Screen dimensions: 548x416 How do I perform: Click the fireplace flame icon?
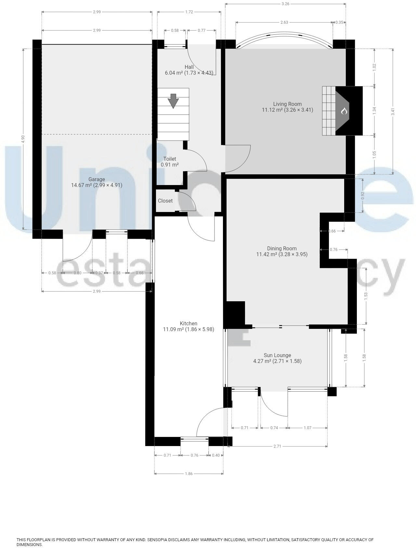point(344,111)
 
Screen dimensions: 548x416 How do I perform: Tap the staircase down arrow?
point(173,101)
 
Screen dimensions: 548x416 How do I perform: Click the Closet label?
point(165,201)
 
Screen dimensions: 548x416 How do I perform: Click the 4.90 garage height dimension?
point(23,139)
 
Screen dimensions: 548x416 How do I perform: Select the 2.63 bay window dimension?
point(284,22)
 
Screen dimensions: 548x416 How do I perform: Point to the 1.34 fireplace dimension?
point(374,111)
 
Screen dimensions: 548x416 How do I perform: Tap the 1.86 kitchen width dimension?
point(188,474)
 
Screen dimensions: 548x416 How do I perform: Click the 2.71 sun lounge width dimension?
point(277,446)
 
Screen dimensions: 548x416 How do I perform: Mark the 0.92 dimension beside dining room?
point(363,196)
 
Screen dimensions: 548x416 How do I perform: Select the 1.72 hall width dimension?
point(189,12)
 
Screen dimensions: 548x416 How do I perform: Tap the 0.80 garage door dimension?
point(77,273)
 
